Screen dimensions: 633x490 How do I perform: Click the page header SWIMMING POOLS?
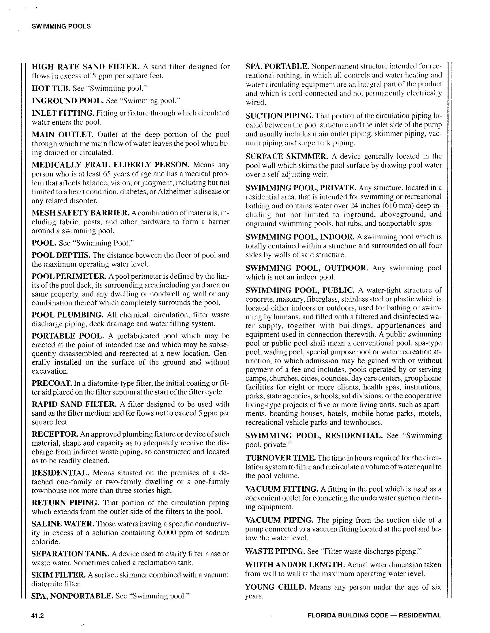[x=61, y=26]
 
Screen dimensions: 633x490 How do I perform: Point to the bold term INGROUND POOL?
[x=67, y=100]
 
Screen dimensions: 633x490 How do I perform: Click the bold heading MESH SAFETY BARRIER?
[x=80, y=213]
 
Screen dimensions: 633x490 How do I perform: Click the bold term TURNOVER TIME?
[x=280, y=458]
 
